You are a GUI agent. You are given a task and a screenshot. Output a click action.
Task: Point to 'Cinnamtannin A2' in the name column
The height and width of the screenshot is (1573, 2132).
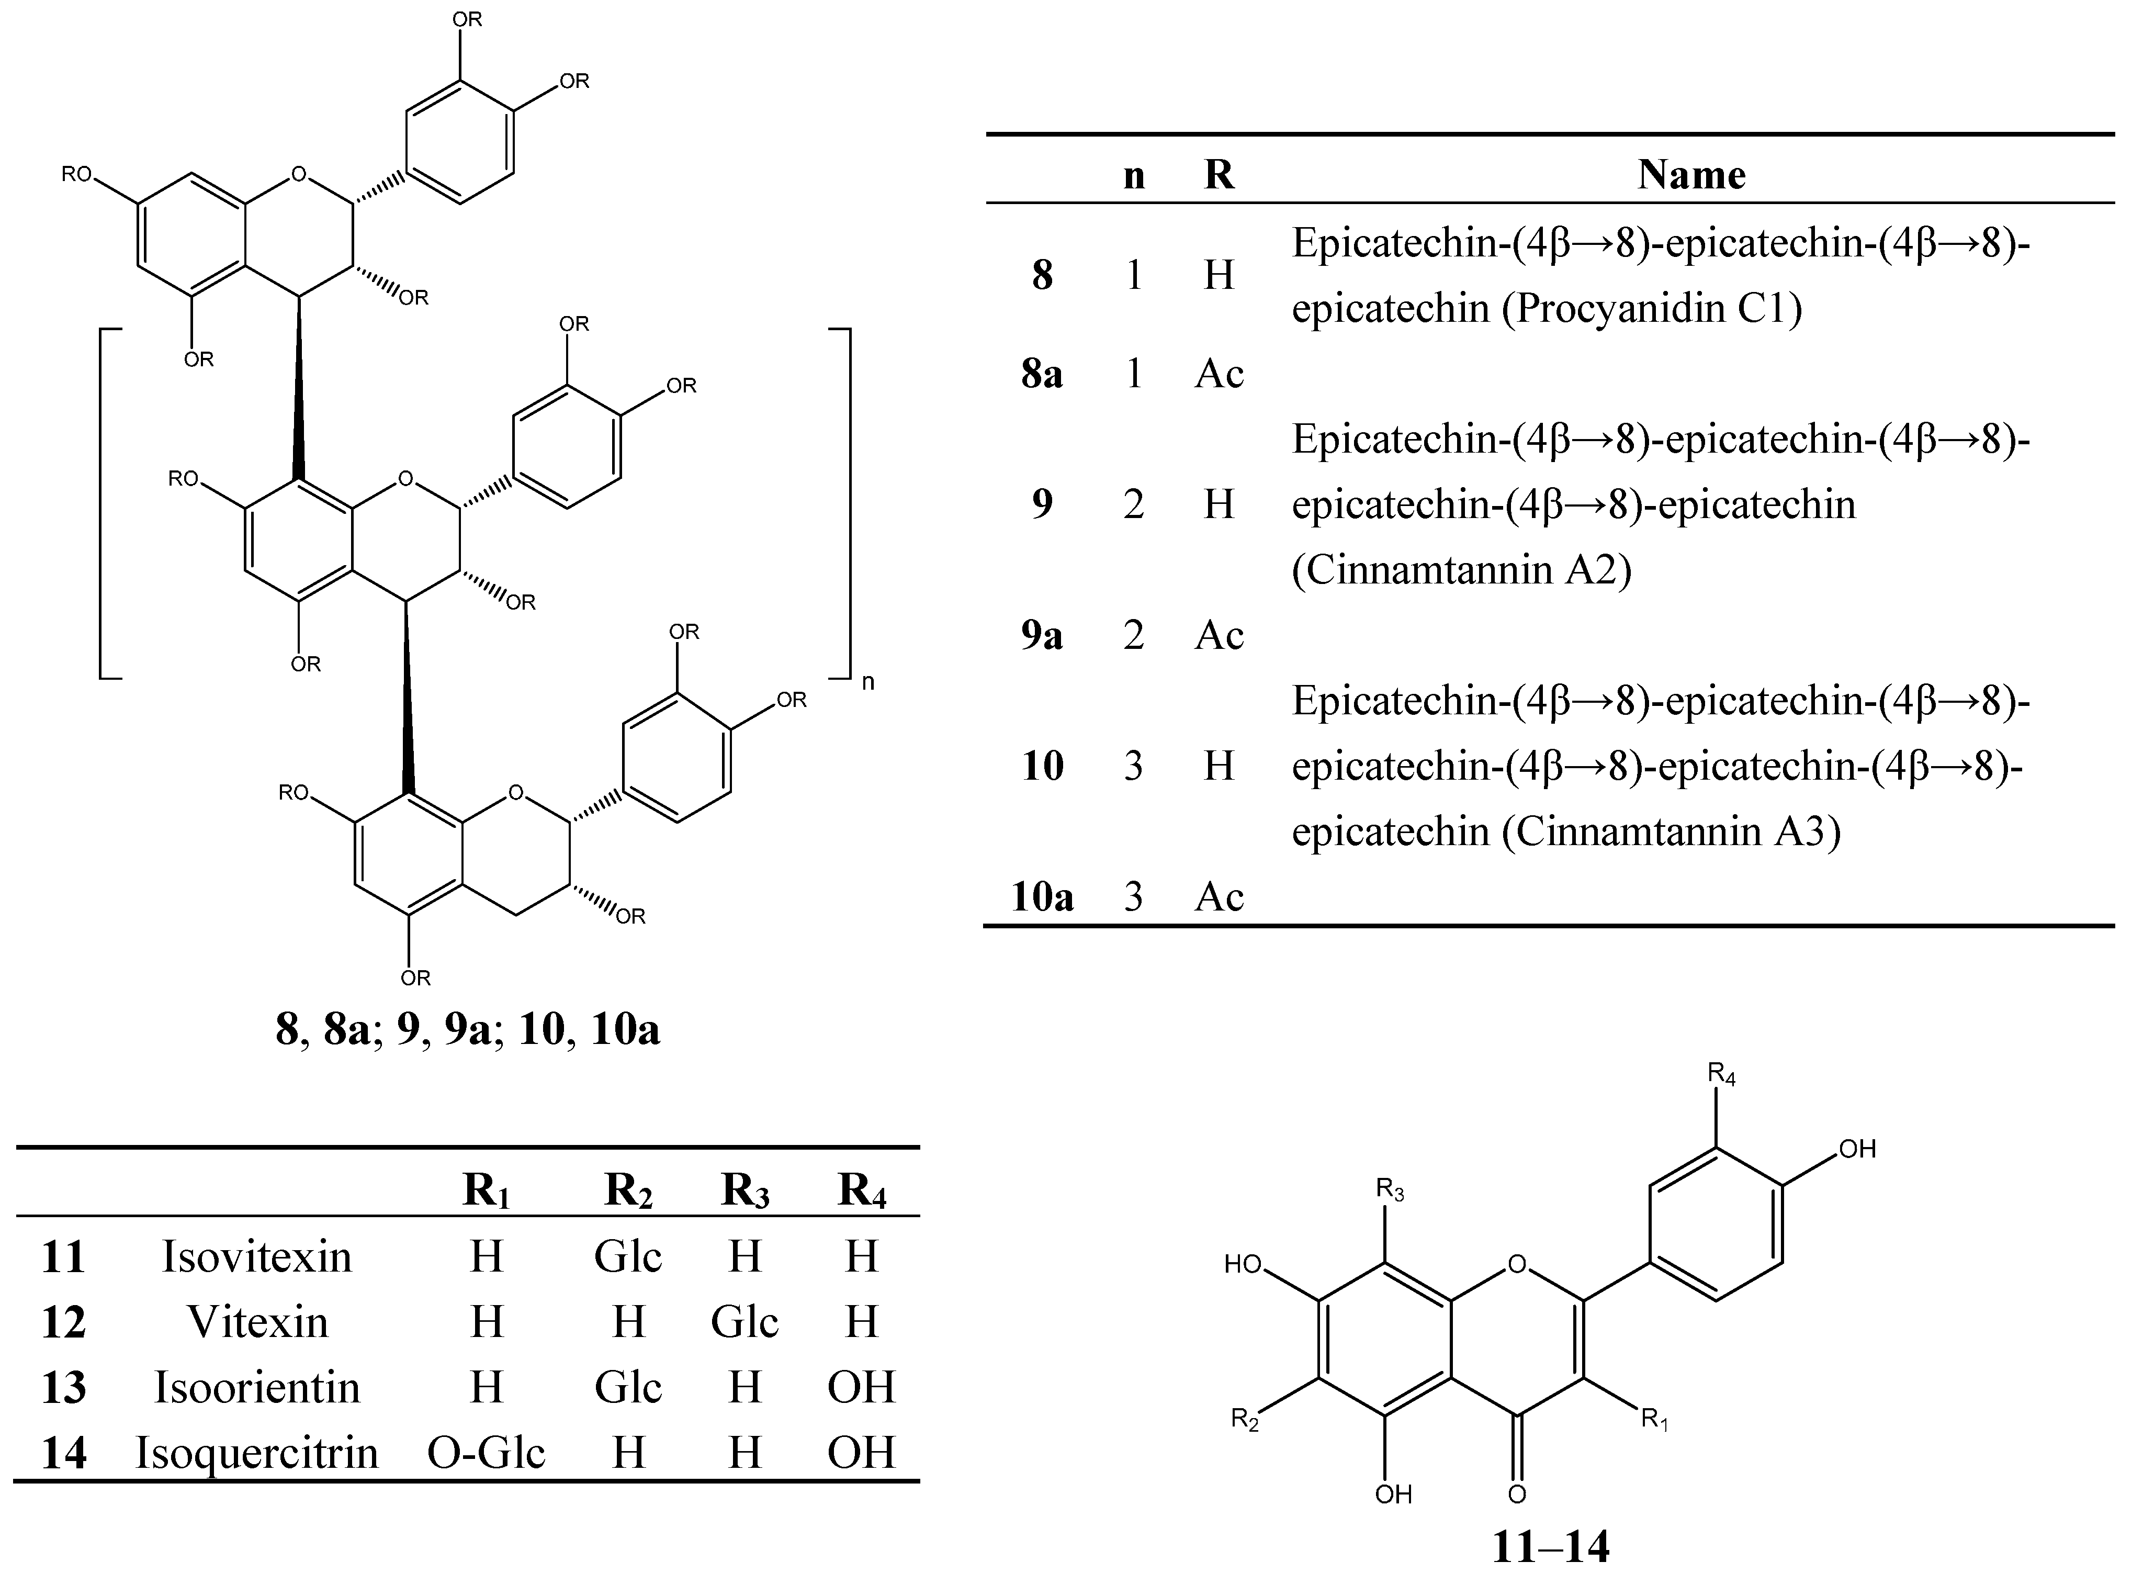click(x=1462, y=569)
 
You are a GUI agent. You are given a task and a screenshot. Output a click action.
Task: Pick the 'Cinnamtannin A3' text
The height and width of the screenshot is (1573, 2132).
click(x=1672, y=832)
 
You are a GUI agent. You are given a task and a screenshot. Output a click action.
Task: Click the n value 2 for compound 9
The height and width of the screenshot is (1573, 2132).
click(x=1134, y=504)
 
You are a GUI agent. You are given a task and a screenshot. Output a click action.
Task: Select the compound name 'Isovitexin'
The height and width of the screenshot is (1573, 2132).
click(x=257, y=1257)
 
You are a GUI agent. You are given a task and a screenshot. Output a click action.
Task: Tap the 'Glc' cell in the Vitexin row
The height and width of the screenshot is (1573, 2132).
click(x=744, y=1322)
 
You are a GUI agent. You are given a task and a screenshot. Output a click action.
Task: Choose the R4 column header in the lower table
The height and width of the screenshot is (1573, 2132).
click(x=862, y=1192)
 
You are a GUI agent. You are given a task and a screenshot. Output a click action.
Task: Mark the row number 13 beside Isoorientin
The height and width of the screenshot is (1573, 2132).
click(x=64, y=1387)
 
